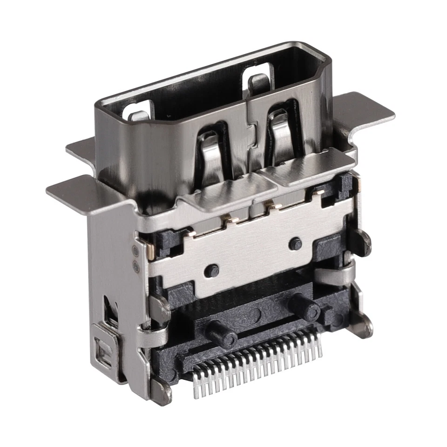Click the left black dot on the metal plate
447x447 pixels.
[x=212, y=270]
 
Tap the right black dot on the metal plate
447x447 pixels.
[x=295, y=244]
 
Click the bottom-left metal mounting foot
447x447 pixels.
[x=161, y=391]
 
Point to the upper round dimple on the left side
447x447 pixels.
[x=135, y=252]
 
